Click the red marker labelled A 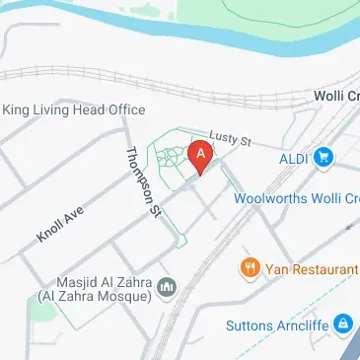(200, 154)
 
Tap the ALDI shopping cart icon (323, 156)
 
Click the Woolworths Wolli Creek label (296, 197)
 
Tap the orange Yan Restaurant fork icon (250, 267)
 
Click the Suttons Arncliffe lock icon (342, 323)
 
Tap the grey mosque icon (167, 287)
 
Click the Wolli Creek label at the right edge (336, 95)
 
